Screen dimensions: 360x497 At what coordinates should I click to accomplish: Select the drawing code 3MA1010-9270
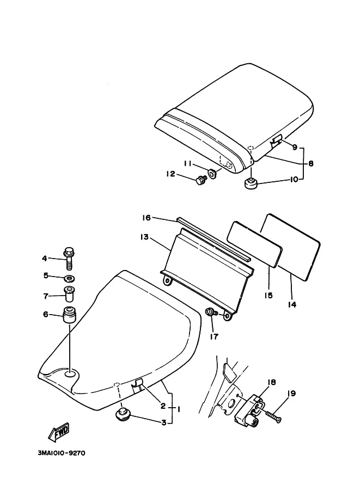[x=62, y=453]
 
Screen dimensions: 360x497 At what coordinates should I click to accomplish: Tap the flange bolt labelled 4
[x=69, y=258]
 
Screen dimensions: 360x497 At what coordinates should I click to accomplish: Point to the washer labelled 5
[x=70, y=279]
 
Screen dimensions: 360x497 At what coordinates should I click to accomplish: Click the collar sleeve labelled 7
[x=69, y=294]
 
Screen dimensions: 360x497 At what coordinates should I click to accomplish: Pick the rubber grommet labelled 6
[x=70, y=315]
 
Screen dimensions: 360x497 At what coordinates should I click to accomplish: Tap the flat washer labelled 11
[x=212, y=174]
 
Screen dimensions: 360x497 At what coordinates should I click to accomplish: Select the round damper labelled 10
[x=251, y=183]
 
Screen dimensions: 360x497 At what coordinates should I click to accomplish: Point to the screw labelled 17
[x=211, y=312]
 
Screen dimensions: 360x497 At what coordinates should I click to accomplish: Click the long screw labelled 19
[x=274, y=416]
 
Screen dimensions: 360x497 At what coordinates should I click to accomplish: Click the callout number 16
[x=146, y=218]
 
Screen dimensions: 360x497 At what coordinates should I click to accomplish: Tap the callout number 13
[x=144, y=237]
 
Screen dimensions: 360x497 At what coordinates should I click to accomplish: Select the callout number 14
[x=292, y=304]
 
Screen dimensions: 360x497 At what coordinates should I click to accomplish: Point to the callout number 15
[x=269, y=295]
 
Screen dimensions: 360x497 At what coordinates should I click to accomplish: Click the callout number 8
[x=310, y=163]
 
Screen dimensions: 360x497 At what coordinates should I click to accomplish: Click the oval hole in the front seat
[x=70, y=374]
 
